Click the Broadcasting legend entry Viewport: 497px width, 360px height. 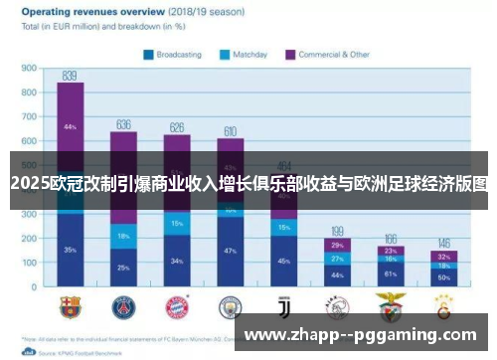click(176, 55)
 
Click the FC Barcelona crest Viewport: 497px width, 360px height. click(71, 304)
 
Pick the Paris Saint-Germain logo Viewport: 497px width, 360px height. click(124, 304)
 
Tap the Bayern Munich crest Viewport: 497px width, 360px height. click(177, 304)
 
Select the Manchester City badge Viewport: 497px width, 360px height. click(231, 304)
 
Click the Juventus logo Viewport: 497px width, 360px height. click(284, 304)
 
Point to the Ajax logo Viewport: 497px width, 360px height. click(338, 304)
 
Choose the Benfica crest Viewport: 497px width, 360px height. click(391, 304)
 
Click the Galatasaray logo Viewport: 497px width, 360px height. click(444, 304)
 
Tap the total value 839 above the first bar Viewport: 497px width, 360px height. click(70, 75)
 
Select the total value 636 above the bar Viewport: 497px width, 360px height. click(123, 124)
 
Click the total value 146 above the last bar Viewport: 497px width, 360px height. click(444, 243)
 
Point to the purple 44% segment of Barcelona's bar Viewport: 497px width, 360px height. click(70, 127)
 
